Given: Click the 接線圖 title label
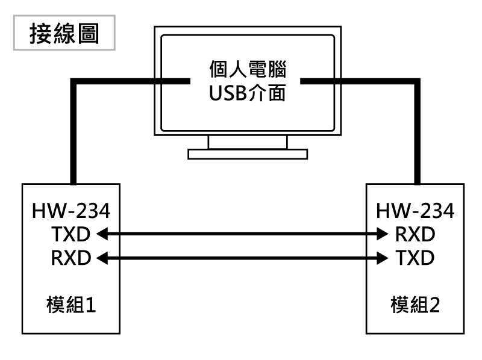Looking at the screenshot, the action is click(x=64, y=34).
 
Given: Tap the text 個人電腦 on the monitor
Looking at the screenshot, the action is click(x=248, y=69).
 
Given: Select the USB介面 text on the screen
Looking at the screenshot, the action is click(x=248, y=93).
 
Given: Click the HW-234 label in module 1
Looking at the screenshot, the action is click(x=71, y=211).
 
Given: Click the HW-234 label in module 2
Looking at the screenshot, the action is click(x=415, y=211).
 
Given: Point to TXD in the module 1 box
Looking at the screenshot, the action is click(x=71, y=234).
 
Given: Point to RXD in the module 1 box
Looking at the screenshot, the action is click(x=71, y=258).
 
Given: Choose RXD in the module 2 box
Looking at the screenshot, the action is click(x=415, y=234).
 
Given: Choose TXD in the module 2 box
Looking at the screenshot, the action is click(x=415, y=258).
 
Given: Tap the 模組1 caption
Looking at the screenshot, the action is click(x=71, y=305).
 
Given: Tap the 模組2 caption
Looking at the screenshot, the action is click(x=415, y=305).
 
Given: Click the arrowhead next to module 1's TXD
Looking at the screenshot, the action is click(x=102, y=234).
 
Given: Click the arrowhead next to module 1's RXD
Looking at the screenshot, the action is click(x=102, y=258).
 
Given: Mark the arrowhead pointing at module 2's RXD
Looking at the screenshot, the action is click(x=383, y=234).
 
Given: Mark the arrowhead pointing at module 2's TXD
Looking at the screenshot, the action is click(x=383, y=258).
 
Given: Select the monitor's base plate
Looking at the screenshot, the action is click(x=248, y=154).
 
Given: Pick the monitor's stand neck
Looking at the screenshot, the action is click(x=248, y=142).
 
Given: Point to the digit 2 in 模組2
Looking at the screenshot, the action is click(x=434, y=305).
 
